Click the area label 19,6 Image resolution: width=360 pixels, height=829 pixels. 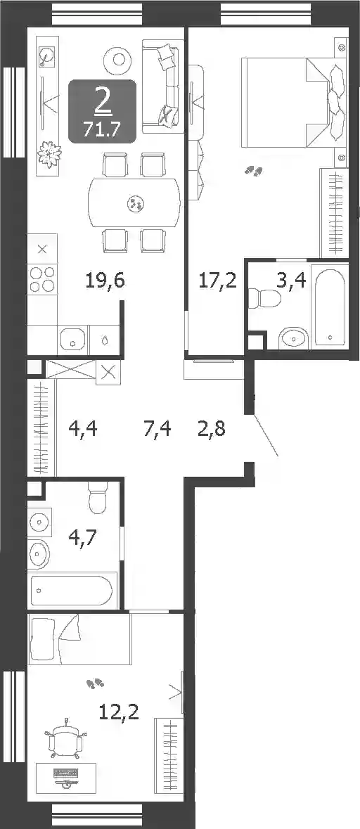click(105, 281)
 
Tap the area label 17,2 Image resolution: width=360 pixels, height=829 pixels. click(217, 281)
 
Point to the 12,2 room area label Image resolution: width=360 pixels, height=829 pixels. click(119, 713)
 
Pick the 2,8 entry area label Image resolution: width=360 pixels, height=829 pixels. click(211, 428)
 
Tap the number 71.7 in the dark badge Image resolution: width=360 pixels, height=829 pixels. click(103, 129)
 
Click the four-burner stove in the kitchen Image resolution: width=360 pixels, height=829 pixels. click(42, 279)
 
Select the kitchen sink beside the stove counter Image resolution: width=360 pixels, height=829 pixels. click(73, 338)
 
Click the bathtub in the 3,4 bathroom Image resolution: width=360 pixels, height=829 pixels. click(329, 306)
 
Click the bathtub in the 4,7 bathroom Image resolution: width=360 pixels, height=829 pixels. click(71, 591)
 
